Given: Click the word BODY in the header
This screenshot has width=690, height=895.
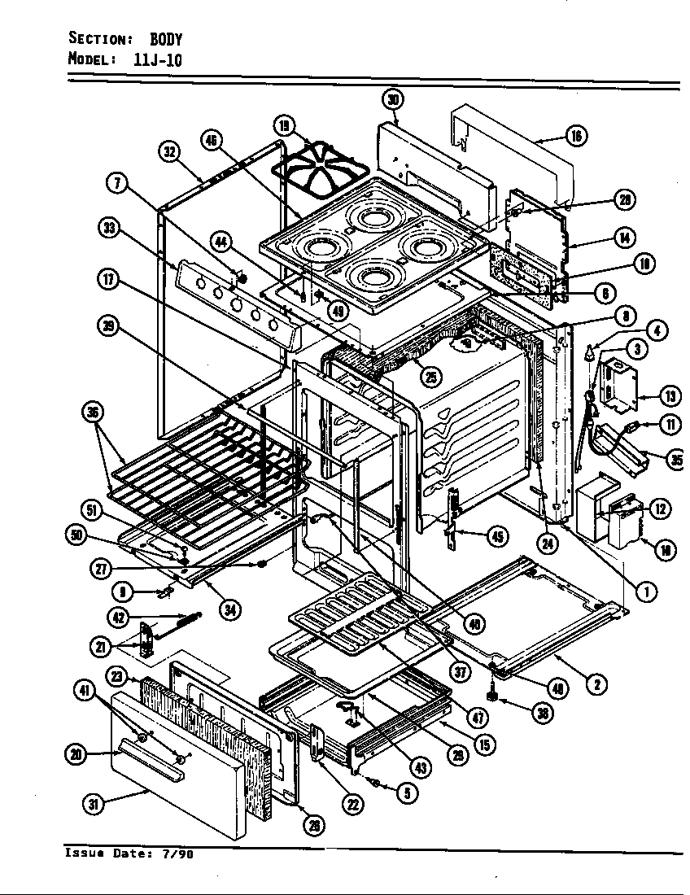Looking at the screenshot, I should (x=166, y=39).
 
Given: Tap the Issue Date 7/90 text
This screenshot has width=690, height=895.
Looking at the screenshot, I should (x=129, y=854).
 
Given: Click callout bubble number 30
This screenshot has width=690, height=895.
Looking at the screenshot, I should (x=393, y=100).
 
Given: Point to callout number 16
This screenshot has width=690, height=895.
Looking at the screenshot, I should (x=576, y=136).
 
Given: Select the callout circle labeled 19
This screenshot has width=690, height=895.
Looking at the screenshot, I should (x=284, y=126).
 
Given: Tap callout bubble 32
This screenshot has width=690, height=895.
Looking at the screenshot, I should (x=169, y=152).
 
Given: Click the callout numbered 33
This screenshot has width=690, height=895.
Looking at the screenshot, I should (x=108, y=229).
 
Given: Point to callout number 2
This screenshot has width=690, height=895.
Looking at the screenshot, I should (x=596, y=684).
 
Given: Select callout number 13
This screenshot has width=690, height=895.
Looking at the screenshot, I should (x=670, y=397).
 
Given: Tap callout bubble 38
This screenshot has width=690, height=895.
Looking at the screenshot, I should (x=541, y=714).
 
